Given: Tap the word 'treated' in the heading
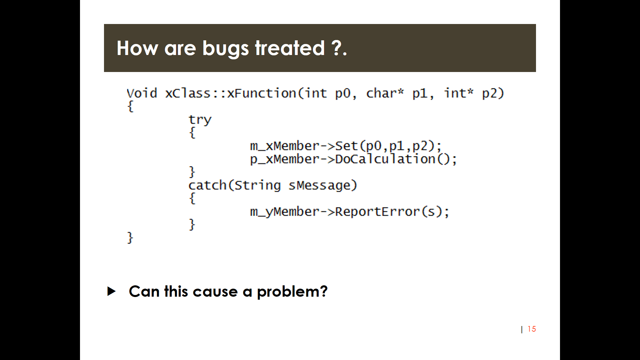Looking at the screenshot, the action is (290, 48).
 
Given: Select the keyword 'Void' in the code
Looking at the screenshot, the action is (142, 93).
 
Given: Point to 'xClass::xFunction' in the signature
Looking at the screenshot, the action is (231, 93).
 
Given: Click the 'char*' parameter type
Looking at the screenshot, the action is (385, 93).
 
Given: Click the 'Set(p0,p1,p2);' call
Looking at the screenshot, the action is (388, 146).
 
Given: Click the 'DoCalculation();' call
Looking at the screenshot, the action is (396, 159).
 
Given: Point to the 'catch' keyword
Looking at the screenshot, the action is (208, 185).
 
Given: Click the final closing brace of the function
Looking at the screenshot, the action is (130, 238).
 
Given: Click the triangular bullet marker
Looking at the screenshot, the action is (112, 291).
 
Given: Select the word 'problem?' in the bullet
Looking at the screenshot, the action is (292, 292).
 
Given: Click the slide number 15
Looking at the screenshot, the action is (532, 329).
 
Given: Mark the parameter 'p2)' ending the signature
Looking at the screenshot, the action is (493, 93).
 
